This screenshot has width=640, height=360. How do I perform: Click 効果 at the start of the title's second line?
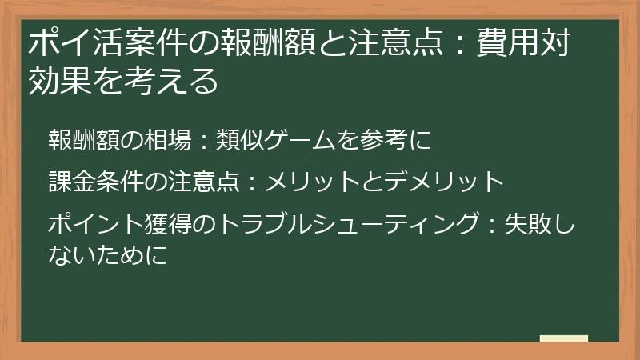point(56,81)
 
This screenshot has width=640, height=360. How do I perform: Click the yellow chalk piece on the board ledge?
point(564,338)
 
